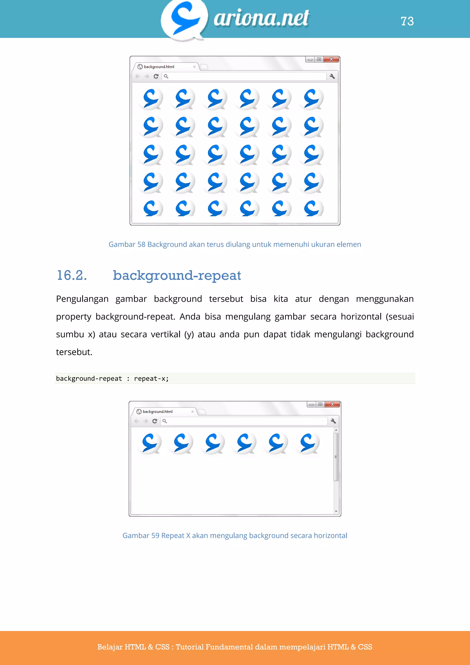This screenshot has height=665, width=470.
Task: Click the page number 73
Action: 407,21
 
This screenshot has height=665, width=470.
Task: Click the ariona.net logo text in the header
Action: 261,18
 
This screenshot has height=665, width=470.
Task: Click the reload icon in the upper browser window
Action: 156,76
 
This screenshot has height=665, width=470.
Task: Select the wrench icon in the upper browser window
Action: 332,76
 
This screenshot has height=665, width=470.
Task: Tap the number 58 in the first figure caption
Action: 141,245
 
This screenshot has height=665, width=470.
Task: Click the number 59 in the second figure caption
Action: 155,535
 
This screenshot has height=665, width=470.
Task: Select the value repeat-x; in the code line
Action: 151,379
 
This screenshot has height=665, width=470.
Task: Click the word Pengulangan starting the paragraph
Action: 82,299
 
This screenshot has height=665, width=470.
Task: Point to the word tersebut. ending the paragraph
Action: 74,352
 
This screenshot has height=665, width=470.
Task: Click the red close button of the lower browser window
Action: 332,404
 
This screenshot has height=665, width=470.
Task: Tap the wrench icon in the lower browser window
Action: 333,421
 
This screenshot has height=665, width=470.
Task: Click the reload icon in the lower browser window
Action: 154,421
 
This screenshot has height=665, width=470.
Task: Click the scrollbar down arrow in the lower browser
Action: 336,511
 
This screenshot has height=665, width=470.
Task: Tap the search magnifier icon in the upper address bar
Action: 166,76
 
